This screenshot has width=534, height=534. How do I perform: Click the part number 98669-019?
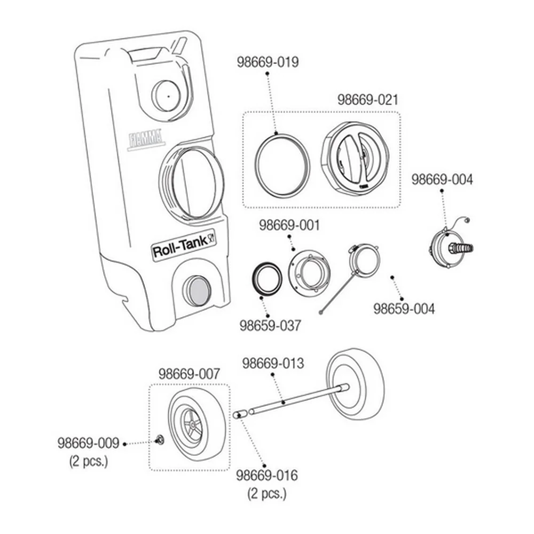pos(268,62)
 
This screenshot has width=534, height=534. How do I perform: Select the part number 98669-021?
pos(368,100)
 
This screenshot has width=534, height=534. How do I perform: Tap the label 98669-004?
pos(442,179)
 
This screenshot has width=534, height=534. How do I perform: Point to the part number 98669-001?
pos(289,225)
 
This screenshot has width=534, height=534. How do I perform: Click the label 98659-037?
pos(270,326)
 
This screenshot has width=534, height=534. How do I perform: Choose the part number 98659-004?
pos(404,309)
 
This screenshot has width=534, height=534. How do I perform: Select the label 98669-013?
pos(273,363)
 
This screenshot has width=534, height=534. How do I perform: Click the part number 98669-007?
pos(190,374)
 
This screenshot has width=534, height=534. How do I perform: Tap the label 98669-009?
pos(88,443)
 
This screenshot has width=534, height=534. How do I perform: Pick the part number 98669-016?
pos(267,475)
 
